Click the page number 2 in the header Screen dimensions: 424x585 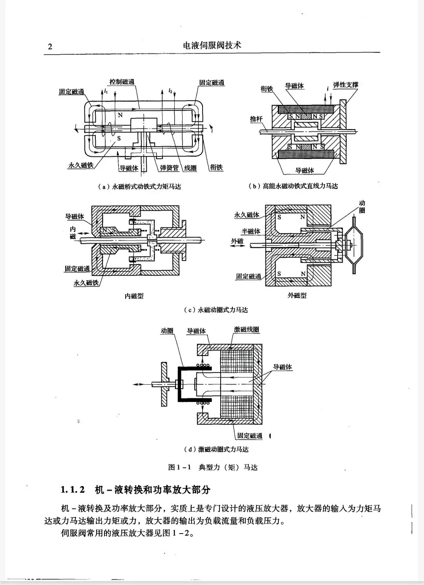click(50, 46)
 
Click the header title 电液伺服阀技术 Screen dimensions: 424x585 click(212, 46)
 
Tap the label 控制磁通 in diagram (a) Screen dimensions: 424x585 click(122, 82)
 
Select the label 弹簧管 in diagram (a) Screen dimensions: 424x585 click(169, 168)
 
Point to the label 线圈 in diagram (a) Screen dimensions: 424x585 click(190, 168)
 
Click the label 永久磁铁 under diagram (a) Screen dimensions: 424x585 click(80, 165)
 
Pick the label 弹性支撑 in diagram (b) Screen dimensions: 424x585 click(345, 85)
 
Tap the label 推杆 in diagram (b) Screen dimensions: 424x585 click(256, 119)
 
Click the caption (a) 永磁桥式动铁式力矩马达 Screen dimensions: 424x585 click(139, 187)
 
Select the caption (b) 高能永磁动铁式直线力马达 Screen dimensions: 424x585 click(293, 186)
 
